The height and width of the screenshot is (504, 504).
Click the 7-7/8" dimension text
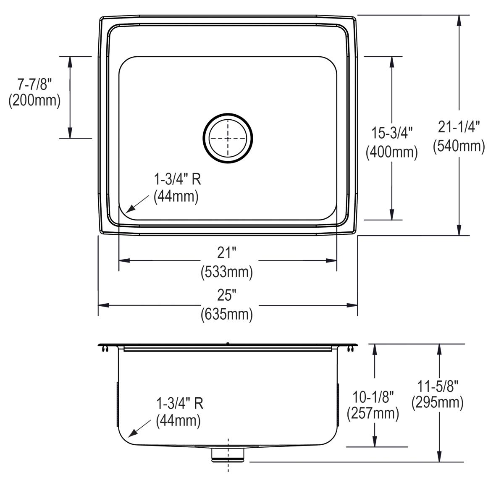coord(34,84)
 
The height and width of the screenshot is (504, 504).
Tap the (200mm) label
coord(34,101)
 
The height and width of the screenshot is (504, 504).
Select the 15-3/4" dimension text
coord(391,134)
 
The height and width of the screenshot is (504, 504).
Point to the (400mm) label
coord(391,152)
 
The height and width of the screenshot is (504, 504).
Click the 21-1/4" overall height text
coord(459,126)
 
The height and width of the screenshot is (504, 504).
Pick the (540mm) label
coord(459,145)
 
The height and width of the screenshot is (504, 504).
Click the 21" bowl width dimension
coord(227,253)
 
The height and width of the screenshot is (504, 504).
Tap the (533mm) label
coord(227,272)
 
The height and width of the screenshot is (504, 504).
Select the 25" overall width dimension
coord(227,296)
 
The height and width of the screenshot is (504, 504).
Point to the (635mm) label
coord(227,314)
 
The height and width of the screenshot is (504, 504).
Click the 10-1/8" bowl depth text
coord(373,396)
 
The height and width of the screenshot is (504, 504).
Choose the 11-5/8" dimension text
coord(437,385)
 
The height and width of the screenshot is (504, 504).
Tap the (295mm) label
coord(437,403)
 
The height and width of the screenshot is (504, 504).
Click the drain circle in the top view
coord(228,138)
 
